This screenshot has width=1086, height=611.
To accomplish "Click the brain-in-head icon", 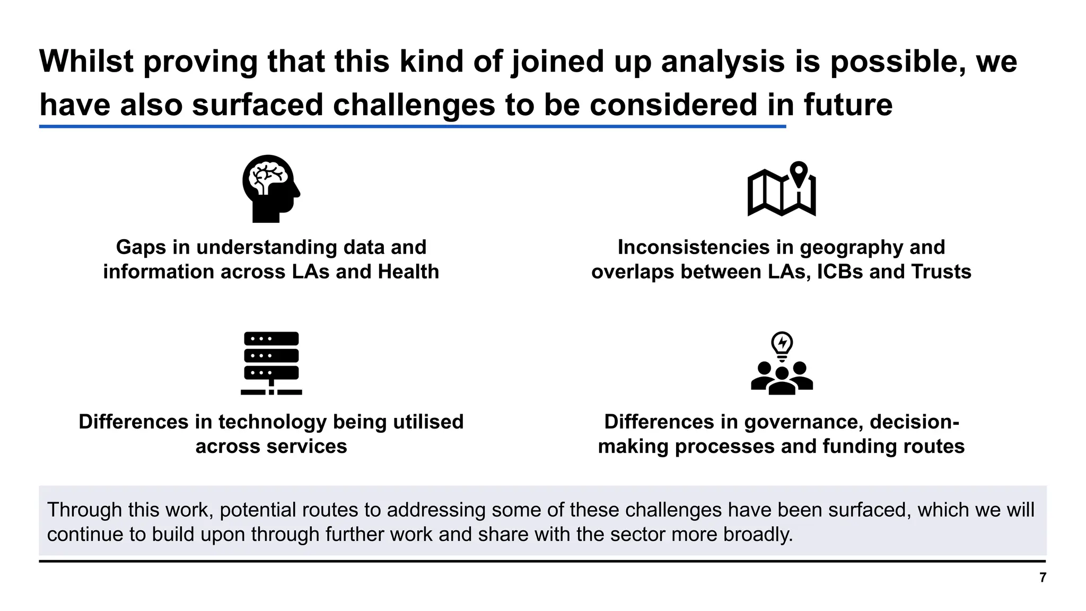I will click(x=271, y=188).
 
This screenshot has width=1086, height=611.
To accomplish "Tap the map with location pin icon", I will click(x=781, y=189).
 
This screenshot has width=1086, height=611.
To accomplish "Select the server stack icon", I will click(x=271, y=363).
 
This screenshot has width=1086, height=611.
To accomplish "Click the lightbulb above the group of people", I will click(x=782, y=345).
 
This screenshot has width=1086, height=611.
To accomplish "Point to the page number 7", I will click(x=1043, y=578).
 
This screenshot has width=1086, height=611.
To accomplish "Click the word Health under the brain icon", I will click(x=408, y=272).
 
